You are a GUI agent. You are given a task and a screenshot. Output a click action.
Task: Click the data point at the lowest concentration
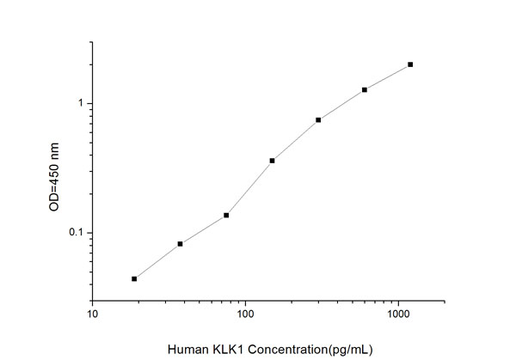coord(134,278)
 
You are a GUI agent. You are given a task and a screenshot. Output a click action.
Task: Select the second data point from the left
coord(181,244)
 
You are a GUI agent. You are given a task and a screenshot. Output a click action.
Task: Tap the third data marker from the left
coord(226,215)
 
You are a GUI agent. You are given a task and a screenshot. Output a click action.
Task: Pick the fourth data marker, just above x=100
coord(273,161)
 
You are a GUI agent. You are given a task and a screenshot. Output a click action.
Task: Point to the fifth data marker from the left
coord(318,119)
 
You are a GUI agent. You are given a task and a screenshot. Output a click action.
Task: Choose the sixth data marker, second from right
coord(365,89)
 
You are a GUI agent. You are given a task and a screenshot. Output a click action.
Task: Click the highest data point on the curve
coord(410,64)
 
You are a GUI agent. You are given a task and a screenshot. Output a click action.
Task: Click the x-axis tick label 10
coord(93,314)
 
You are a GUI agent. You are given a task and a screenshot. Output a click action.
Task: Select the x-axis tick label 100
coord(245,314)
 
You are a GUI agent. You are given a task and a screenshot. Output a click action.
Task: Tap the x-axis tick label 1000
coord(397,314)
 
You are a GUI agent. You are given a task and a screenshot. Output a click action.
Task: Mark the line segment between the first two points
coord(157,261)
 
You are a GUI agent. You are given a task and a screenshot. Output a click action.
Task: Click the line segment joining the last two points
coord(388,76)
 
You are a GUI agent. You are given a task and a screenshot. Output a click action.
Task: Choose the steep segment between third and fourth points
coord(249,187)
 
